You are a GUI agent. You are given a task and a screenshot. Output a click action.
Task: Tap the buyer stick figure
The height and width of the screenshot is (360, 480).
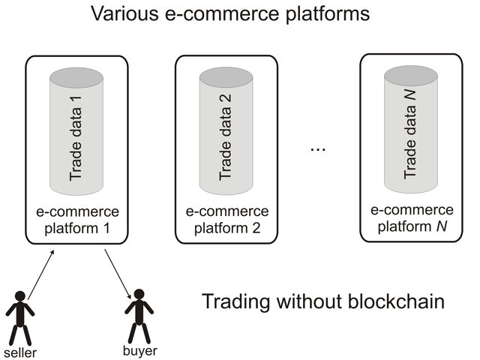139,316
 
